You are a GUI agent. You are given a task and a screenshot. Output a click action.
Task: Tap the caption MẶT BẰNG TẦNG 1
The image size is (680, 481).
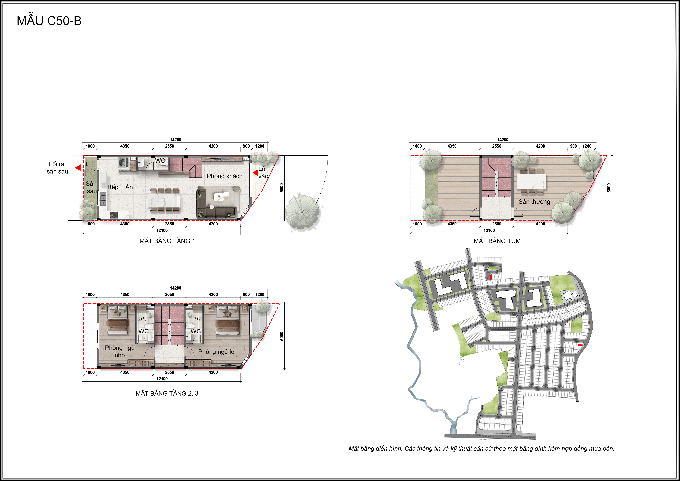(x=167, y=241)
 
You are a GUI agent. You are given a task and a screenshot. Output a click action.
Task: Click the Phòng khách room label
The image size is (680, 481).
(x=224, y=176)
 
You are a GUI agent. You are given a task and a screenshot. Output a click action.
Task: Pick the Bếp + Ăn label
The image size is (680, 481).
(x=120, y=187)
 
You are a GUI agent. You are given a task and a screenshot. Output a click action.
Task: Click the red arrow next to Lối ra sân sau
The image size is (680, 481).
(x=78, y=168)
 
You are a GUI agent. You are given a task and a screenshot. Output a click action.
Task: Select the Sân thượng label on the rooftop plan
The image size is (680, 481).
(x=534, y=202)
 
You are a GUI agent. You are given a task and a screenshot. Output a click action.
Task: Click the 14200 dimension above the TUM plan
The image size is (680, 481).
(x=503, y=140)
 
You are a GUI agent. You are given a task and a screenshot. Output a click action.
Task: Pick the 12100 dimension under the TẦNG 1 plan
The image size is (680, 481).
(x=162, y=230)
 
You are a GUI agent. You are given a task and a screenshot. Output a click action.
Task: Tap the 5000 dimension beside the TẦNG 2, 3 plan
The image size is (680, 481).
(x=282, y=336)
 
